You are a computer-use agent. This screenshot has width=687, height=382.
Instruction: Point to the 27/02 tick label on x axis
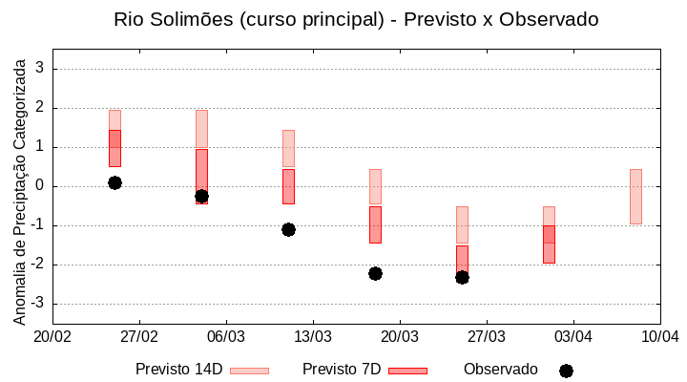click(139, 336)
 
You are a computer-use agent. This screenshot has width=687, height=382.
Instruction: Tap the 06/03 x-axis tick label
click(226, 336)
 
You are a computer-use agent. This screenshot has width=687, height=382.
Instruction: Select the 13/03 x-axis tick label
click(313, 336)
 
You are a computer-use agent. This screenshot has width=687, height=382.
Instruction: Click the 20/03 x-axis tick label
click(400, 336)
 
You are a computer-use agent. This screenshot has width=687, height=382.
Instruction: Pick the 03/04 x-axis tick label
click(573, 336)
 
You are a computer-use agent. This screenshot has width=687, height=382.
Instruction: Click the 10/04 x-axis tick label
click(659, 336)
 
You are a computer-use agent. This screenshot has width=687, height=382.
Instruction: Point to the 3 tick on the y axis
click(40, 69)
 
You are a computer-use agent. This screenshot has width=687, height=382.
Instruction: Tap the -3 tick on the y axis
click(37, 304)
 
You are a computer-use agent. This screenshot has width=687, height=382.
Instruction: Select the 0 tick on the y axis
click(40, 186)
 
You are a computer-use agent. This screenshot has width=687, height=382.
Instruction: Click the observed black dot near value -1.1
click(288, 229)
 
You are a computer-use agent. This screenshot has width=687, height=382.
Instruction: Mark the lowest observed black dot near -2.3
click(462, 277)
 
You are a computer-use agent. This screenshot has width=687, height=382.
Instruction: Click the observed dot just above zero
click(114, 182)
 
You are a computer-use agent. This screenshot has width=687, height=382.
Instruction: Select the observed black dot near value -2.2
click(375, 273)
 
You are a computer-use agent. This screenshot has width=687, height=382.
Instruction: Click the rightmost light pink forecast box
click(635, 196)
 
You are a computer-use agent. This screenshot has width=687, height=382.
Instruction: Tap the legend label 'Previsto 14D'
click(178, 370)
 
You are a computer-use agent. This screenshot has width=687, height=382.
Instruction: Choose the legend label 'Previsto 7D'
click(342, 370)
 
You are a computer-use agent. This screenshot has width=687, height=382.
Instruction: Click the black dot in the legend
click(566, 371)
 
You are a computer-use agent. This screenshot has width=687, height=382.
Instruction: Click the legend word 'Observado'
click(501, 370)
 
